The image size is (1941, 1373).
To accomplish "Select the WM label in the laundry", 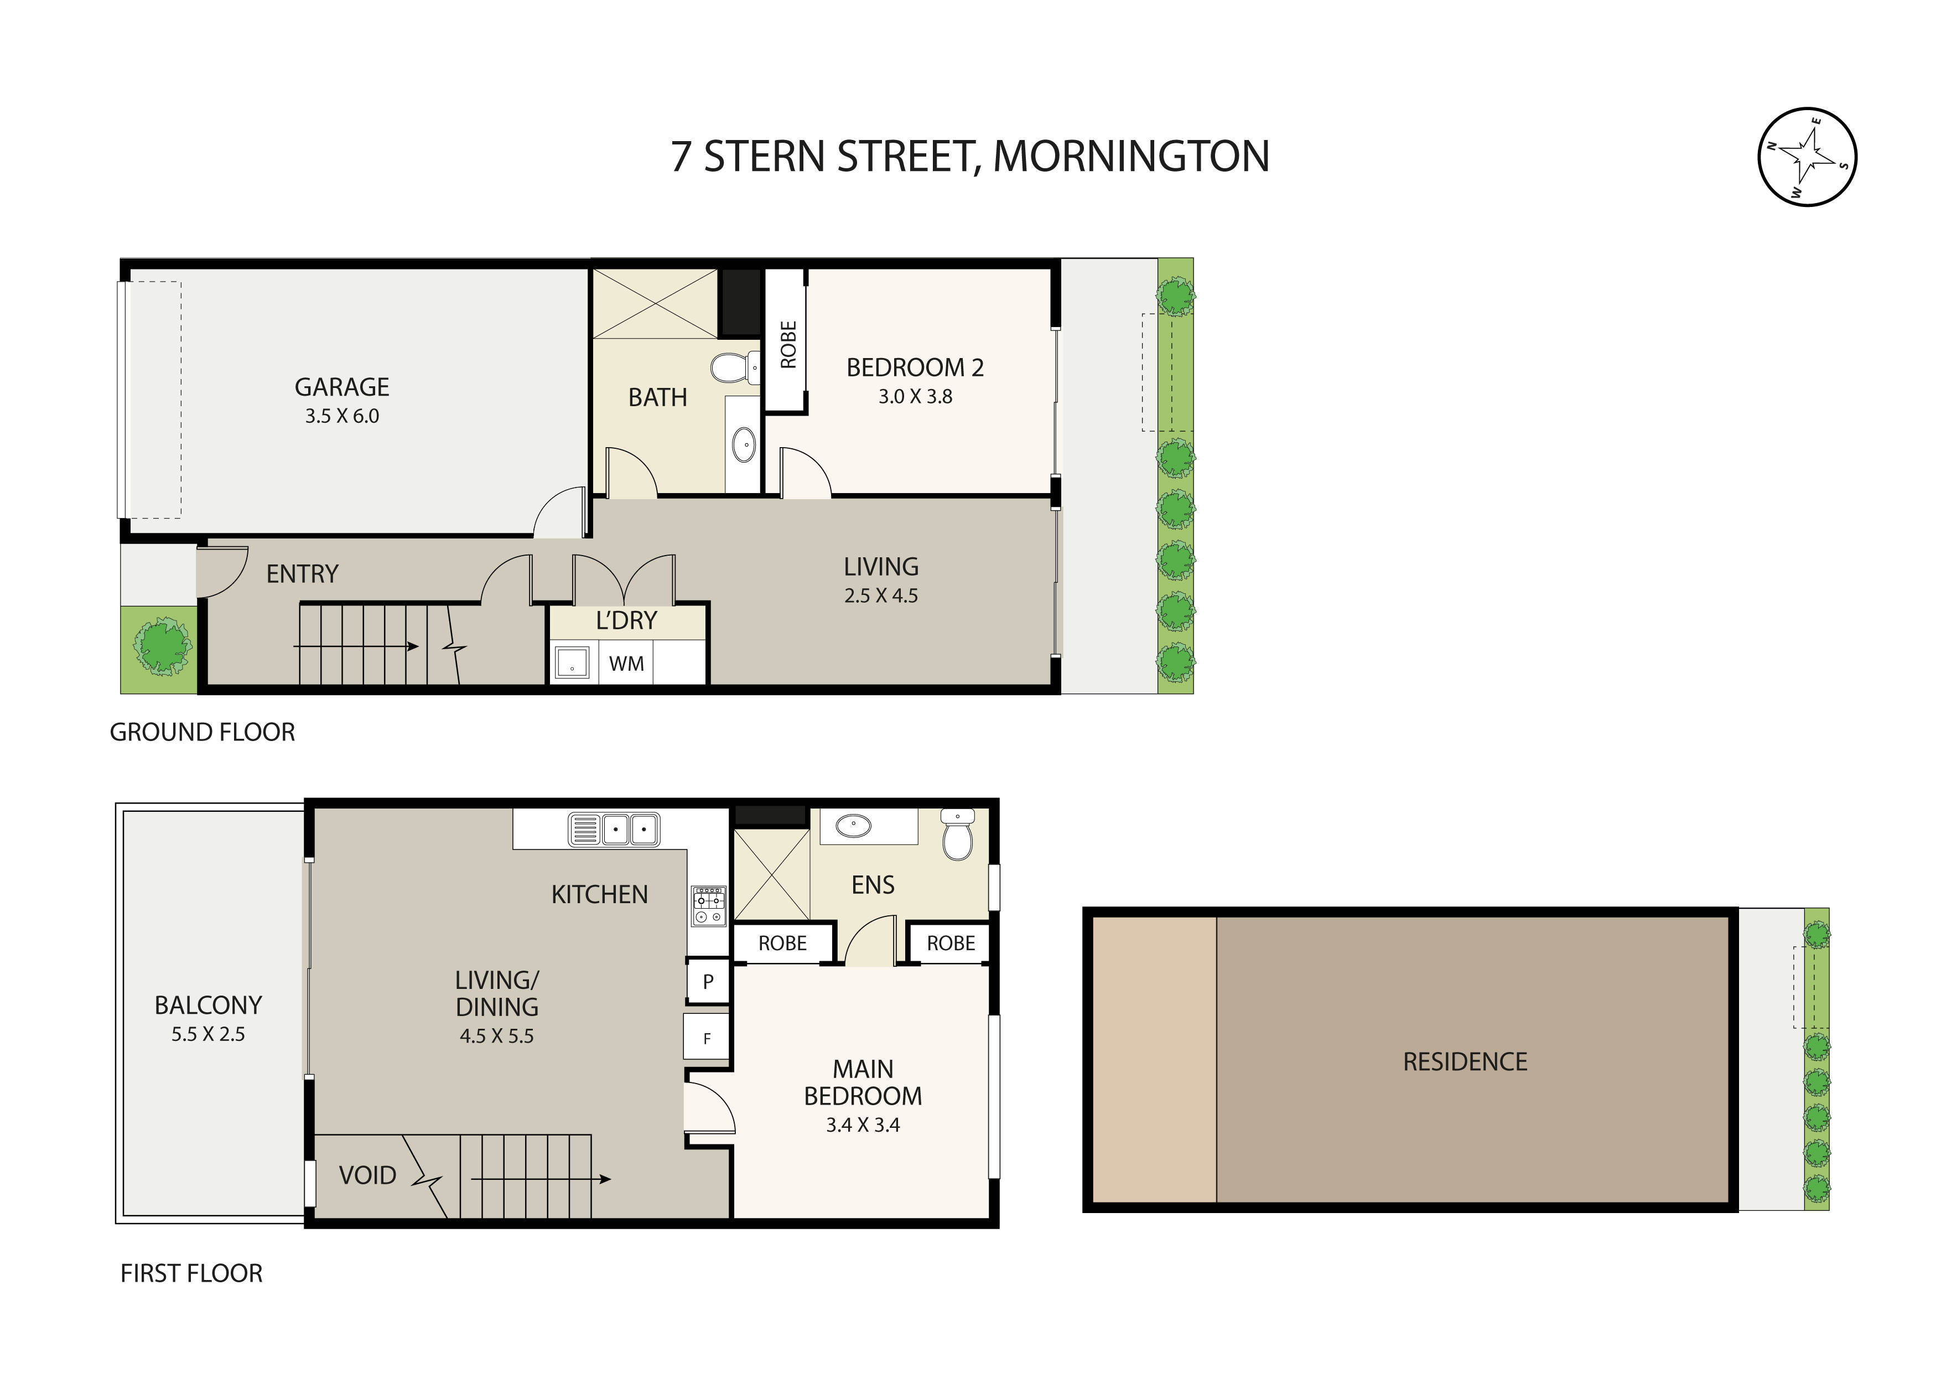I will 626,664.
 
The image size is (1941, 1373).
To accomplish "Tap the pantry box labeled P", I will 708,982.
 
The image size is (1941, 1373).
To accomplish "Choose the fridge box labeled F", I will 707,1038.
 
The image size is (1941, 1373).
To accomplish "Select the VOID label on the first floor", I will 367,1175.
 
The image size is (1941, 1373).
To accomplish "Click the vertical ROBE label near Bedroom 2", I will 787,345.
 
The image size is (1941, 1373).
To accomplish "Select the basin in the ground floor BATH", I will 743,445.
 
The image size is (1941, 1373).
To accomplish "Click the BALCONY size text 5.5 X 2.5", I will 208,1034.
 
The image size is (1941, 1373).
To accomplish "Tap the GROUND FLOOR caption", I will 202,732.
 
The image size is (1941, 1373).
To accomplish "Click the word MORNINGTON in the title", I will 1130,157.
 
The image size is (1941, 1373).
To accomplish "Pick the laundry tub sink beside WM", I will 572,663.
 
